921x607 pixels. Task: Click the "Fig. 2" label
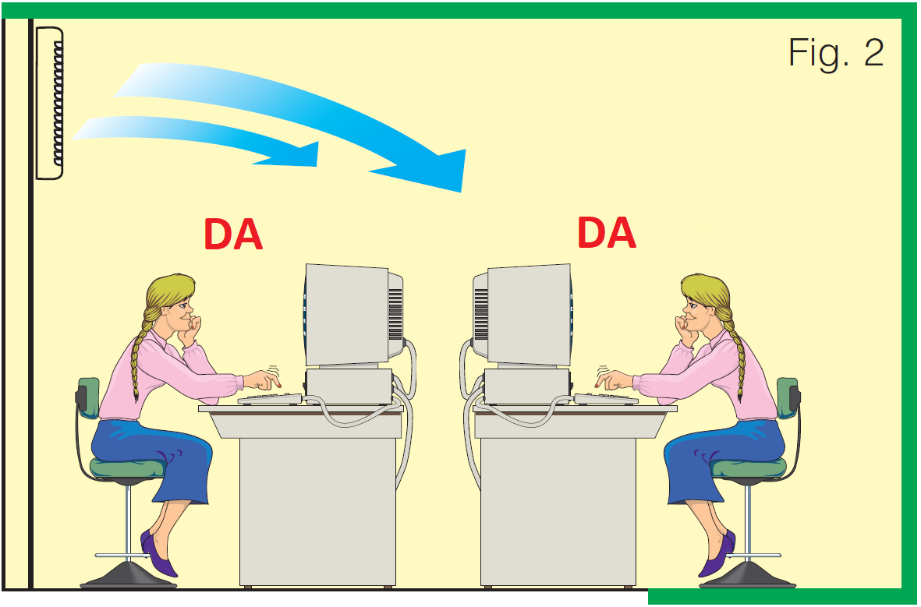coord(836,54)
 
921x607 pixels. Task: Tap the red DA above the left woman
coord(232,235)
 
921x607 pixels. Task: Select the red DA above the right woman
coord(606,232)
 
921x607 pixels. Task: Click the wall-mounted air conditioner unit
coord(49,103)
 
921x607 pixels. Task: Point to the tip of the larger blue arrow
coord(462,192)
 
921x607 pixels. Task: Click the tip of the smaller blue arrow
coord(317,165)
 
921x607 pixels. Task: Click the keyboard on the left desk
coord(270,399)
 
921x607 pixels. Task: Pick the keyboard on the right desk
coord(606,399)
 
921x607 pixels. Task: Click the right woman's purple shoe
coord(717,555)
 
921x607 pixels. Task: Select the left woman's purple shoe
coord(158,555)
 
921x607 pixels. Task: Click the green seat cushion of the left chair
coord(127,468)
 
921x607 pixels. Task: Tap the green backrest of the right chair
coord(787,398)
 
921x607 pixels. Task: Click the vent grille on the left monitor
coord(395,314)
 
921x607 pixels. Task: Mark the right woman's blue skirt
coord(721,458)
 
